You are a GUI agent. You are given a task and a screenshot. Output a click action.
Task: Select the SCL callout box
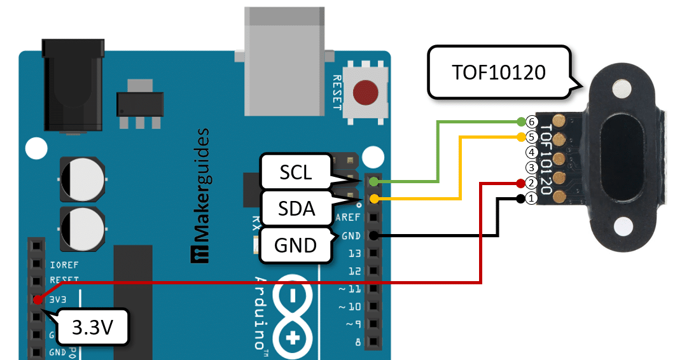tap(296, 172)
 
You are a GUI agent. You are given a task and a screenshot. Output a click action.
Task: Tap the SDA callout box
tap(297, 207)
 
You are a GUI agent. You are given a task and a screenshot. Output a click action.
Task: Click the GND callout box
tap(297, 245)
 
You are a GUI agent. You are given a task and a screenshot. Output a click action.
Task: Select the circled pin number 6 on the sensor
tap(532, 121)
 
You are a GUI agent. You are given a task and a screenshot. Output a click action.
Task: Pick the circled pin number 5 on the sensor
tap(532, 137)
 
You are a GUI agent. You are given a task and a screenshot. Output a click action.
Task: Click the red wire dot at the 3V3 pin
tap(38, 298)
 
